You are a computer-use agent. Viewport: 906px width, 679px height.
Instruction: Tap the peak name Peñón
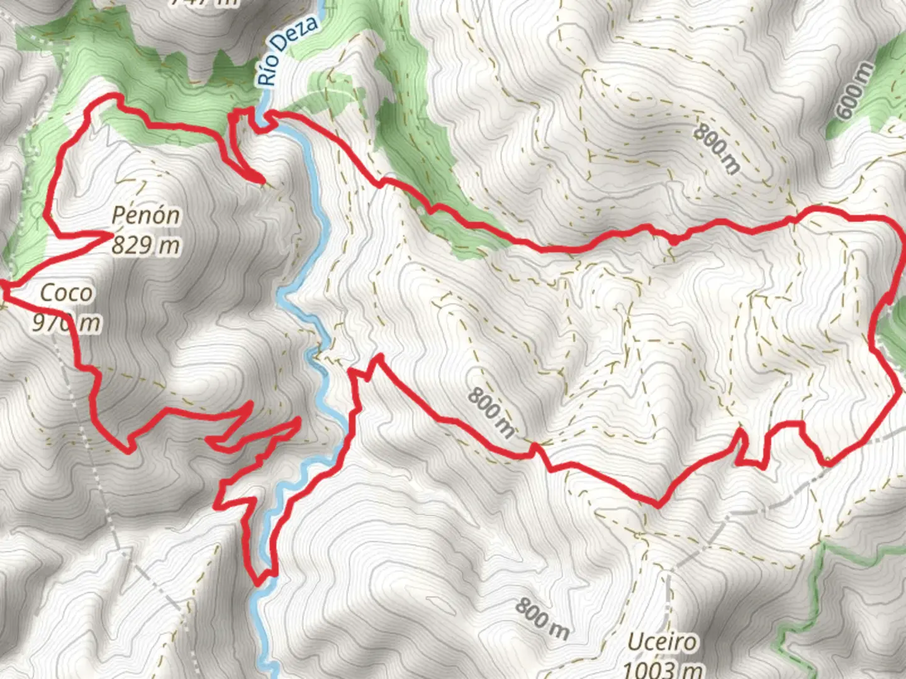tap(146, 216)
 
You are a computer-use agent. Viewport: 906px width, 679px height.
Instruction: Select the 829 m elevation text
tap(146, 245)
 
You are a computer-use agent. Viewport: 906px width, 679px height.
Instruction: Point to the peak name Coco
tap(66, 293)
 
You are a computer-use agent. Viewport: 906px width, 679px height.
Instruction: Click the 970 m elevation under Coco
tap(66, 323)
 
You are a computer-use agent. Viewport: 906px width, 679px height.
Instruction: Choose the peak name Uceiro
tap(663, 643)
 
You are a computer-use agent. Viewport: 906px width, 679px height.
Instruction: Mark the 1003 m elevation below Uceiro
tap(663, 669)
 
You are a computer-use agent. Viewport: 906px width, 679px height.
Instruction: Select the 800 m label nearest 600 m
tap(717, 148)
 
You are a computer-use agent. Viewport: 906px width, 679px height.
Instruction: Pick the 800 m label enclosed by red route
tap(491, 412)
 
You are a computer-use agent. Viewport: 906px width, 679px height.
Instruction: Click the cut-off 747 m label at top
tap(204, 3)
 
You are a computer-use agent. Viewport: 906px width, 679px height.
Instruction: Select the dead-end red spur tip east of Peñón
tap(261, 182)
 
